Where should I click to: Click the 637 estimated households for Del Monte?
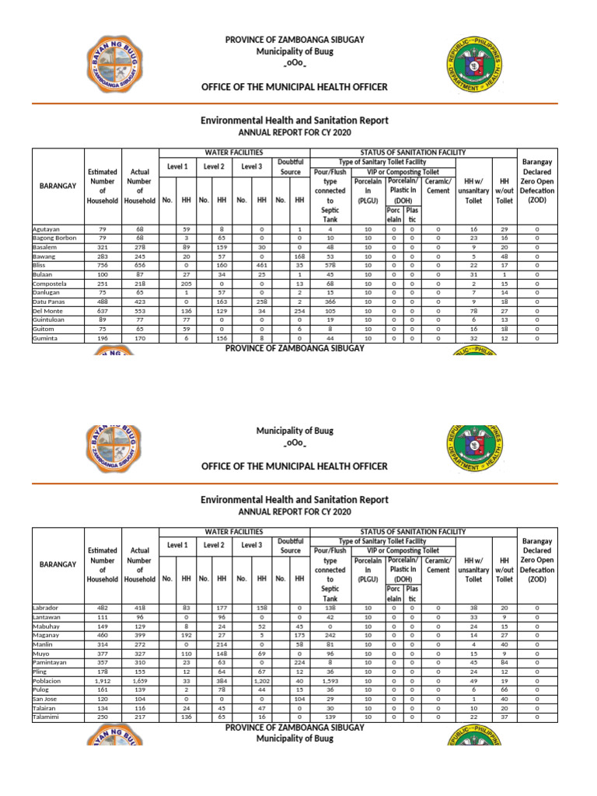103,312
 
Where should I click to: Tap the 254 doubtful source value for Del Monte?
298,312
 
